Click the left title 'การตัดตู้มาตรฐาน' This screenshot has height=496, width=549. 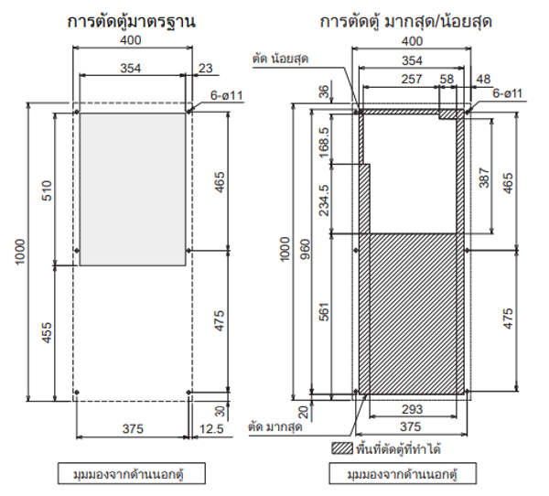133,19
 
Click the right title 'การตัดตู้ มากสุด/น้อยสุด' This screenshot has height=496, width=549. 405,19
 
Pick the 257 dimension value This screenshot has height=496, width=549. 398,80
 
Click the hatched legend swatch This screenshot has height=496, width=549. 341,449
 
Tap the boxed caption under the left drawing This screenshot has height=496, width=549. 133,475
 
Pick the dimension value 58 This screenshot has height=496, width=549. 446,80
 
